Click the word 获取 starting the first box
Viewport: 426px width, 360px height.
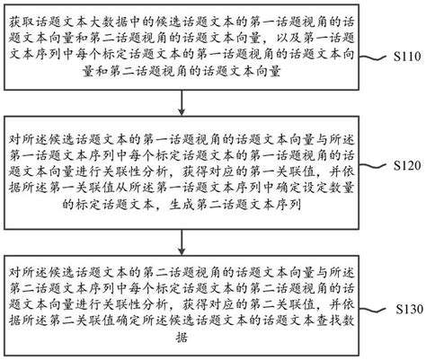[x=19, y=13]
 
